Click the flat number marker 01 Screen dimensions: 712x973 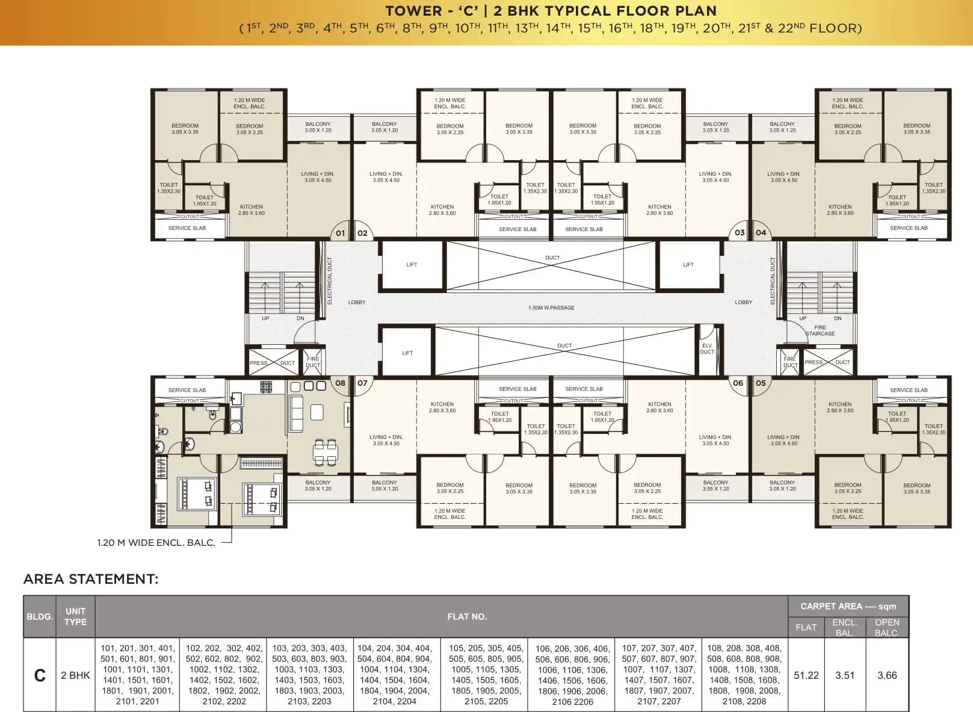tap(340, 233)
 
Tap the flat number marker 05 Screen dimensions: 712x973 tap(761, 383)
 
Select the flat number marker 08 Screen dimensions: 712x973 tap(340, 383)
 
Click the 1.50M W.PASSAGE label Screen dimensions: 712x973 tap(551, 308)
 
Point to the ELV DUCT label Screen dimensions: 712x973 tap(707, 348)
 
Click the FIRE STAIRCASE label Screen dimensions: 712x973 tap(820, 330)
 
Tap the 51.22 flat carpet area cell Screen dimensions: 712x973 tap(806, 675)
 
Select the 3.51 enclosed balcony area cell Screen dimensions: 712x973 tap(845, 675)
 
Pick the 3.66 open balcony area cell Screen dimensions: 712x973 tap(887, 675)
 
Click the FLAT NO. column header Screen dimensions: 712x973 tap(466, 616)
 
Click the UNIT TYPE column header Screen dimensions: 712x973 tap(75, 616)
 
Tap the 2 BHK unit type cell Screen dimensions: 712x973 tap(75, 675)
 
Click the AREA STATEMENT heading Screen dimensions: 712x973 tap(91, 579)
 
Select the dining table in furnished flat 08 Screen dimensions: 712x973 tap(325, 451)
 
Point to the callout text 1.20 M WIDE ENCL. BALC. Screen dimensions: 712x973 tap(156, 542)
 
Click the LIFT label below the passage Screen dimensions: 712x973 tap(407, 353)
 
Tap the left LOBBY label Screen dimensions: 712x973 tap(356, 302)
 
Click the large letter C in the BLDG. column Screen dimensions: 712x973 tap(40, 675)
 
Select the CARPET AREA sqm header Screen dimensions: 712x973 tap(848, 606)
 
